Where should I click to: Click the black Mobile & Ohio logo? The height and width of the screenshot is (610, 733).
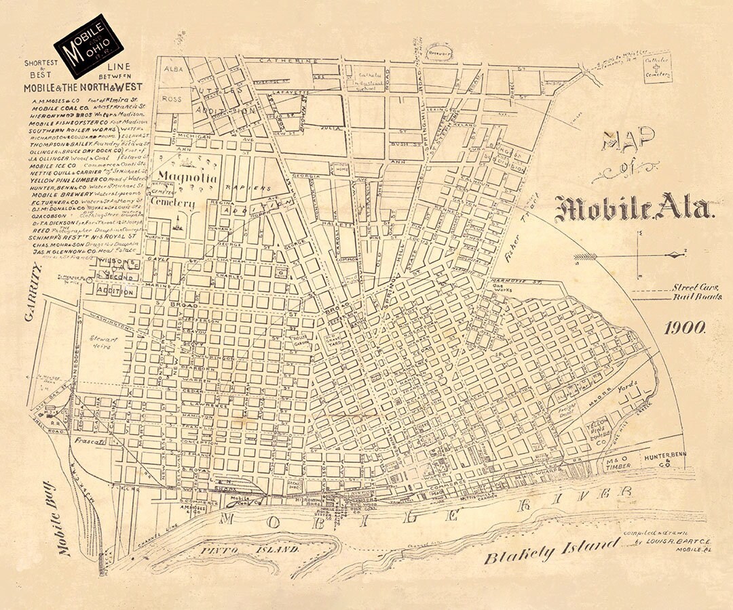pyautogui.click(x=88, y=45)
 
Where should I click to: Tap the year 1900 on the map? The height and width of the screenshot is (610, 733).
pyautogui.click(x=685, y=328)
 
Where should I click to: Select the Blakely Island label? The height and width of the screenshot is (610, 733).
pyautogui.click(x=552, y=551)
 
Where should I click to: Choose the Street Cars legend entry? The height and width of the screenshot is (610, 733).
pyautogui.click(x=697, y=287)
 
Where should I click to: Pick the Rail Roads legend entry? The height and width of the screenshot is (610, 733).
pyautogui.click(x=697, y=297)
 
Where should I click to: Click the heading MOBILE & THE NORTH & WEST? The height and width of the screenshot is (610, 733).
pyautogui.click(x=83, y=87)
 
